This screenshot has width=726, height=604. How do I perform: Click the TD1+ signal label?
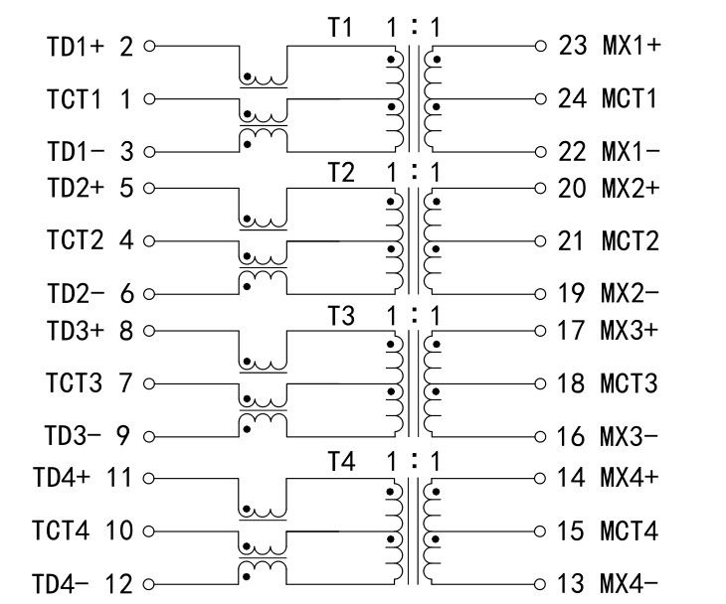pos(76,46)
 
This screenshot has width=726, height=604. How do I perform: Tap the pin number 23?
pos(574,46)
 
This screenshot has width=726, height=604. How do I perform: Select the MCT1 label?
pos(630,99)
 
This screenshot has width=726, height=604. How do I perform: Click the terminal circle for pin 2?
pos(150,46)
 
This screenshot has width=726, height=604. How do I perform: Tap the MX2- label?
pos(630,294)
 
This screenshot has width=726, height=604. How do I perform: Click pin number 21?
pos(574,241)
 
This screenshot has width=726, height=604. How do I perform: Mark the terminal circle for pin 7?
pos(150,382)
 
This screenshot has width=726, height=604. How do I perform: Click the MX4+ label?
pos(630,478)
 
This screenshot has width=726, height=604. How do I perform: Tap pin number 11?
pos(119,478)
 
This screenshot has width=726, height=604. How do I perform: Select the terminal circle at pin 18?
pos(540,382)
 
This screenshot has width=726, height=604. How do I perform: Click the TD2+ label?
pos(76,188)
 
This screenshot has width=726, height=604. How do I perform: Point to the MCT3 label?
pos(630,382)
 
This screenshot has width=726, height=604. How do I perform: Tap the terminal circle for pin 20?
pos(540,188)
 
